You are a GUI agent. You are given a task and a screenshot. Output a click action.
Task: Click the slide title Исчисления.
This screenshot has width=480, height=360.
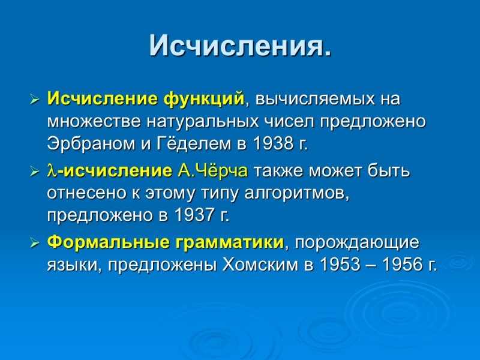pyautogui.click(x=240, y=46)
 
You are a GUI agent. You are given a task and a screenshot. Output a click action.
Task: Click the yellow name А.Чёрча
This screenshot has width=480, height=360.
pyautogui.click(x=213, y=171)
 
